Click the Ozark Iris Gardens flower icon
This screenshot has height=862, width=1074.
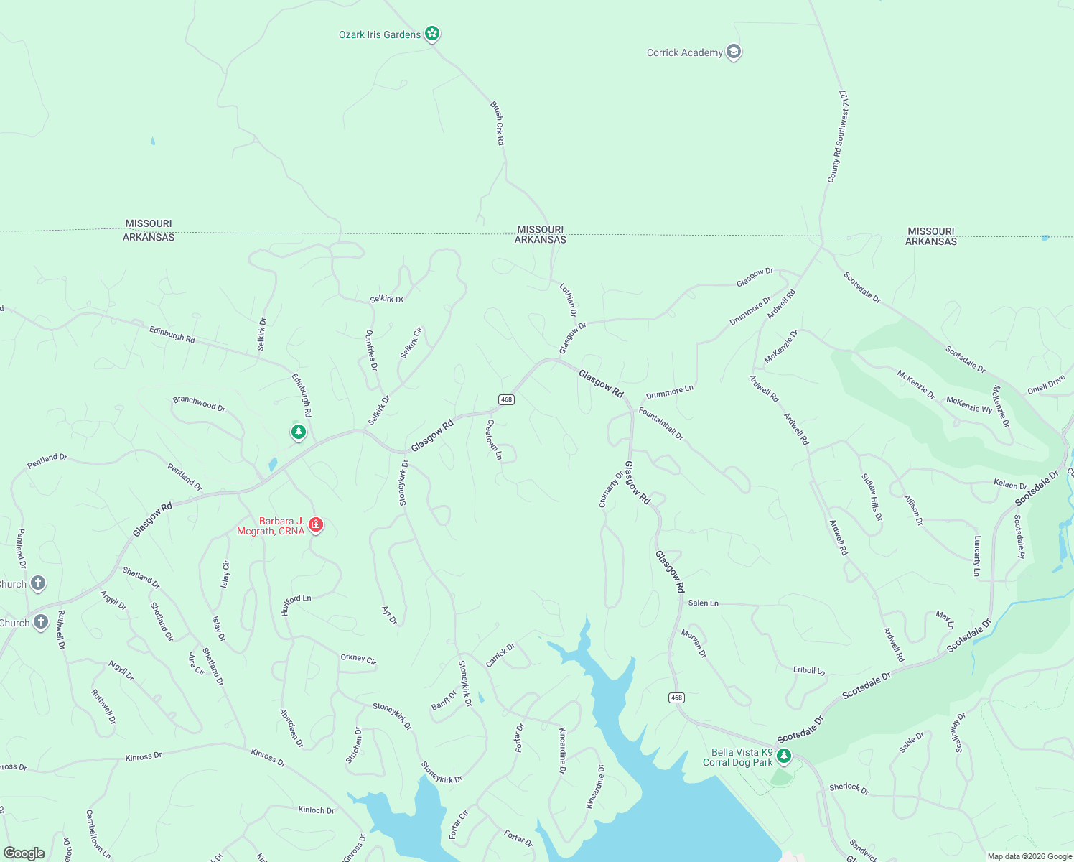pyautogui.click(x=431, y=33)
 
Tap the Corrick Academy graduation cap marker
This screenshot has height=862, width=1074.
pyautogui.click(x=733, y=52)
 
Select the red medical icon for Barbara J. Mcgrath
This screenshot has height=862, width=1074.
pyautogui.click(x=316, y=525)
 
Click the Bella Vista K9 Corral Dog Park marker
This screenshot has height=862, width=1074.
pyautogui.click(x=783, y=756)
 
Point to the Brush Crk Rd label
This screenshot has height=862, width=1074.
pyautogui.click(x=498, y=124)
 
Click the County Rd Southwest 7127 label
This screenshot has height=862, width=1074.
pyautogui.click(x=838, y=136)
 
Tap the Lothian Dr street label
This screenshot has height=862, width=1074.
pyautogui.click(x=568, y=300)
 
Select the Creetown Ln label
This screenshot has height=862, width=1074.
pyautogui.click(x=494, y=440)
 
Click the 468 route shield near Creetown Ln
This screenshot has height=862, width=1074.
pyautogui.click(x=506, y=399)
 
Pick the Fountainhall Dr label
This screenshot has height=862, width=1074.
pyautogui.click(x=661, y=424)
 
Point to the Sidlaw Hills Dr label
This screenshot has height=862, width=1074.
pyautogui.click(x=872, y=497)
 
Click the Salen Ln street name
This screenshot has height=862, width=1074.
pyautogui.click(x=703, y=603)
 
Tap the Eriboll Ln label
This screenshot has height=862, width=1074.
pyautogui.click(x=809, y=670)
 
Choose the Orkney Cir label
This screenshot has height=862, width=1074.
pyautogui.click(x=358, y=659)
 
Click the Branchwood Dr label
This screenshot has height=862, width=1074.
pyautogui.click(x=199, y=404)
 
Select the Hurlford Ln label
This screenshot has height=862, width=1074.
pyautogui.click(x=296, y=605)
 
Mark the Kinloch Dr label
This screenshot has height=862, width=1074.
pyautogui.click(x=316, y=810)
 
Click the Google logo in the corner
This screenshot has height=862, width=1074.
pyautogui.click(x=24, y=853)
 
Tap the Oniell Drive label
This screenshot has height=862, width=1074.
pyautogui.click(x=1046, y=385)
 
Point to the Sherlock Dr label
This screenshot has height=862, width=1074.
pyautogui.click(x=849, y=789)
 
